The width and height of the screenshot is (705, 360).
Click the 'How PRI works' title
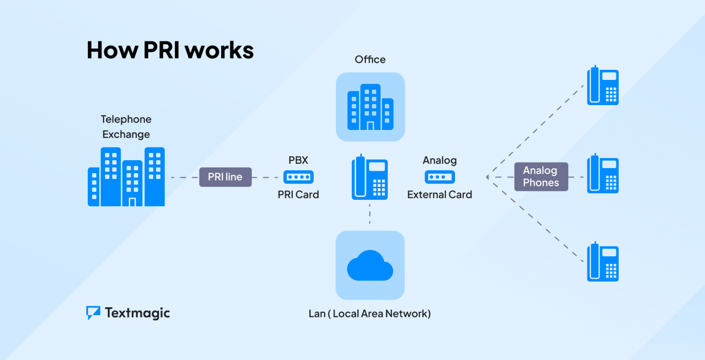pos(170,50)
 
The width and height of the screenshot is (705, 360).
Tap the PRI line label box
pos(225,177)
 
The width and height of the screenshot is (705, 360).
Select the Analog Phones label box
pos(541,177)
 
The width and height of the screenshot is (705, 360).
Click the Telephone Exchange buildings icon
pos(126,177)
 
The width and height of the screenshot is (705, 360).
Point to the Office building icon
pos(370,107)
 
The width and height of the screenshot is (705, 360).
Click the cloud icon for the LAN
pos(370,265)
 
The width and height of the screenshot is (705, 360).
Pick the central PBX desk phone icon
pos(369,177)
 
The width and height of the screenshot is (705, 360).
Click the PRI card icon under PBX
pos(298,177)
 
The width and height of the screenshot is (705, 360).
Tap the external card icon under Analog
pos(440,177)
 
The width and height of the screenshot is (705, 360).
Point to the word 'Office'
pos(370,59)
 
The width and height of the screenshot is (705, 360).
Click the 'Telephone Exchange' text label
pos(126,127)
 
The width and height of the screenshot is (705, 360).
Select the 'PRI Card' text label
pos(298,195)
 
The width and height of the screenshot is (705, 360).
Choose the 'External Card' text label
pos(440,195)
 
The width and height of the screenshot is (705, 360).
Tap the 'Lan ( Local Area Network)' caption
pos(370,314)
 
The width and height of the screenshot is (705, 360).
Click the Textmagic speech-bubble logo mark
pos(93,312)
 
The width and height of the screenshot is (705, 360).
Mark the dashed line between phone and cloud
pos(370,214)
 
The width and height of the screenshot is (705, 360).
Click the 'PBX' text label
pos(298,160)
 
